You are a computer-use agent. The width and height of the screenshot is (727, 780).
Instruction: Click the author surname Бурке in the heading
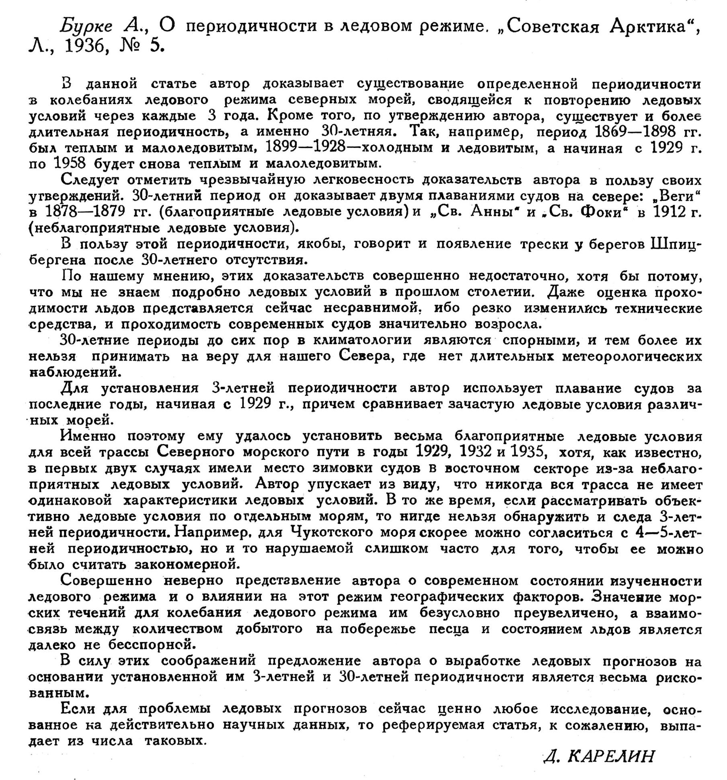point(86,27)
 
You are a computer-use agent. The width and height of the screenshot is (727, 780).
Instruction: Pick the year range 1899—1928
point(306,147)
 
